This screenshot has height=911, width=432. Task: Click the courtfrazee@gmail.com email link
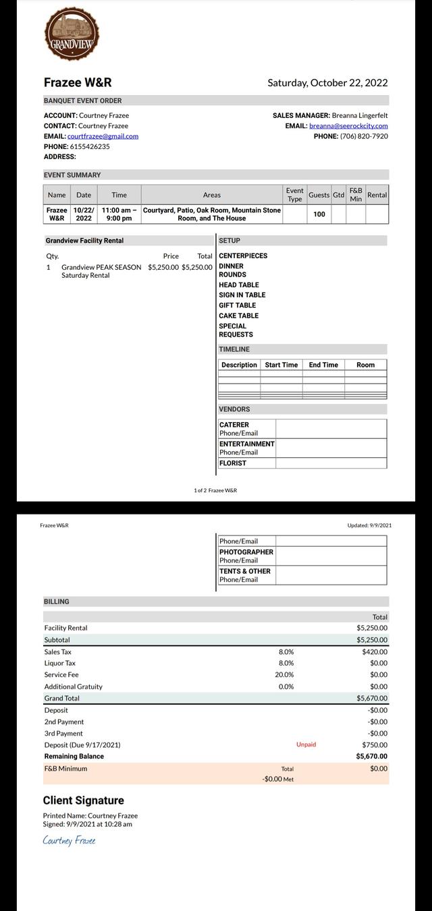click(x=103, y=136)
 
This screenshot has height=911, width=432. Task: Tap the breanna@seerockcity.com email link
click(x=348, y=126)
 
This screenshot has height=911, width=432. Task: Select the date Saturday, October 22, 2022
click(x=327, y=83)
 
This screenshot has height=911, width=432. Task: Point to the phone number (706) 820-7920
click(x=364, y=136)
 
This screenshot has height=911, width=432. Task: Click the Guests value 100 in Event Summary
click(x=319, y=214)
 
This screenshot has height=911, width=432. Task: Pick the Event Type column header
click(x=295, y=195)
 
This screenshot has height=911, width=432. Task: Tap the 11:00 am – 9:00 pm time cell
click(x=119, y=214)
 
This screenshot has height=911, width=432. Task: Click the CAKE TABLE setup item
click(x=238, y=316)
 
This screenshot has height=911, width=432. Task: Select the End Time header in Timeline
click(x=323, y=365)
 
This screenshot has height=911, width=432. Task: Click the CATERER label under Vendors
click(x=234, y=425)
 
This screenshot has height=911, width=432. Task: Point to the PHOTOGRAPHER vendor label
click(x=246, y=552)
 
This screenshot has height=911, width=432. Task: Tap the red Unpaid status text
click(x=306, y=744)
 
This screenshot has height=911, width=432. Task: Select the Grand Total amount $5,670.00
click(x=372, y=699)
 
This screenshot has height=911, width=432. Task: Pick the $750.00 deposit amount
click(x=375, y=745)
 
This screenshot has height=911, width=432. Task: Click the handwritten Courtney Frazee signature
click(x=69, y=840)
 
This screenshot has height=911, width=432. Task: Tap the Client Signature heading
click(x=84, y=800)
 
